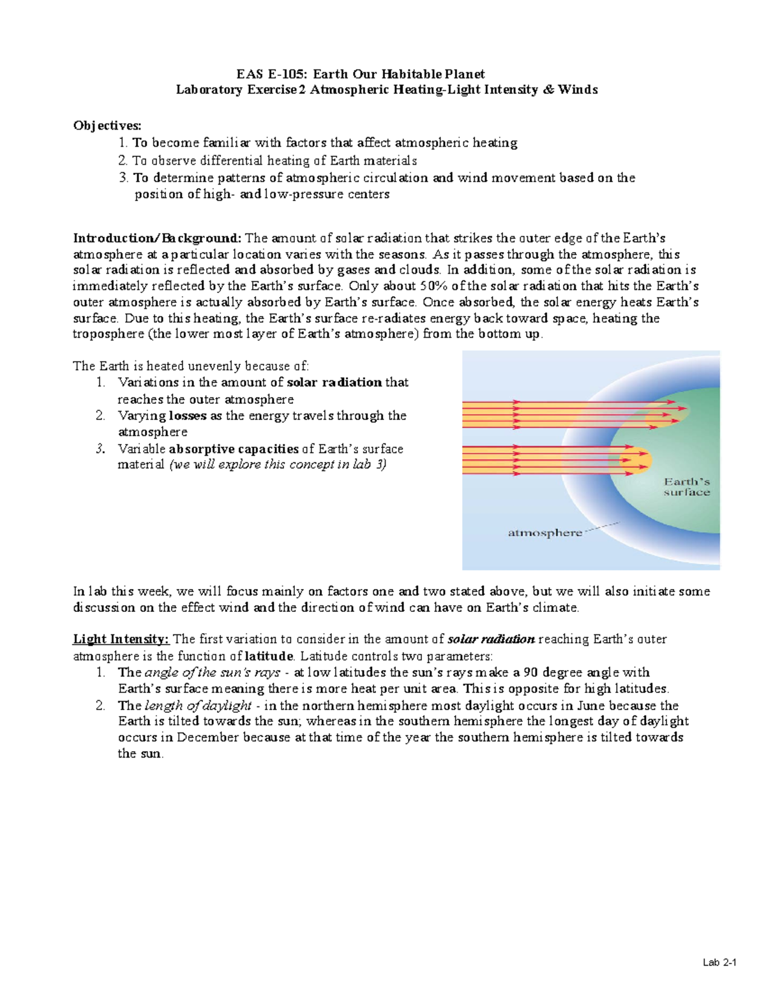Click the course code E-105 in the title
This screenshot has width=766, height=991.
point(284,74)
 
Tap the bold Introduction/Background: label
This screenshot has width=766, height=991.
point(158,239)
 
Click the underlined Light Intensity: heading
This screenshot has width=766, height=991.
point(121,639)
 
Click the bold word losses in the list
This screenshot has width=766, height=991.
point(188,416)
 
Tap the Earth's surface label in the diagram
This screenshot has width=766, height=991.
point(686,487)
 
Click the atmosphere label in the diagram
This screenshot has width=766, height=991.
point(544,533)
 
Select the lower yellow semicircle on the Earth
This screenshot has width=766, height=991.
point(638,459)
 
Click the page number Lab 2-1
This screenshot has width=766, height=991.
point(719,963)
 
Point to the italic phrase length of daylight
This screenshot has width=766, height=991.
point(199,706)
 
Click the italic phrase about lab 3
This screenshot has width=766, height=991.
point(278,465)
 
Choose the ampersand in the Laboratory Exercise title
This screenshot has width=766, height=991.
point(548,90)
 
